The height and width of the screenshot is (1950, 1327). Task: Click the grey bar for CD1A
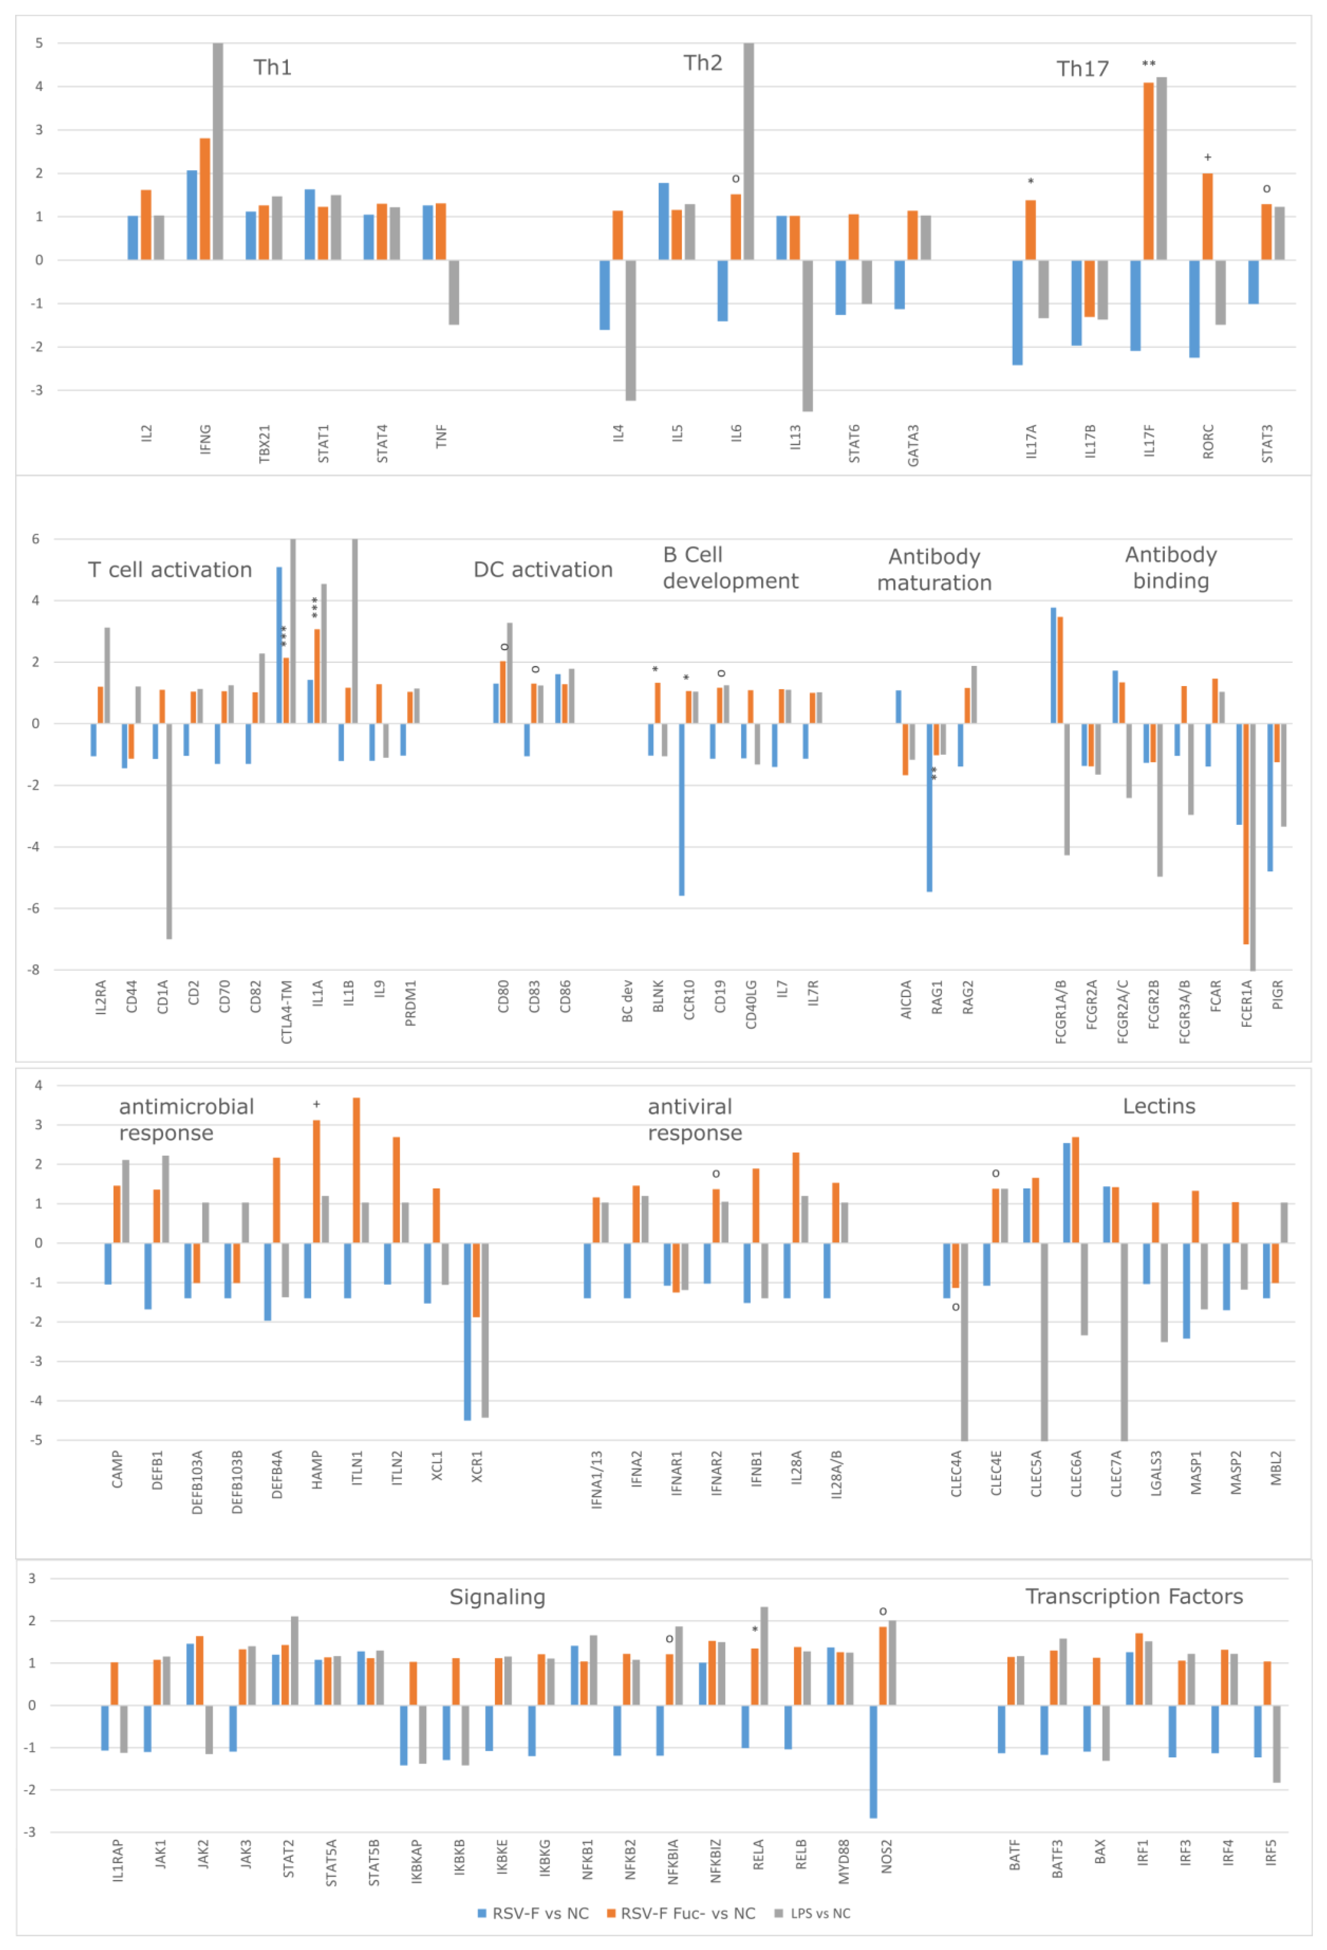tap(169, 831)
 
